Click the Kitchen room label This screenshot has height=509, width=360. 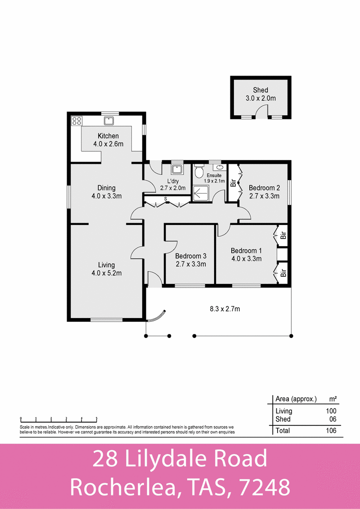(108, 136)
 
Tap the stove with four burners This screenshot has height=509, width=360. (76, 121)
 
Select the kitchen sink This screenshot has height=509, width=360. (108, 120)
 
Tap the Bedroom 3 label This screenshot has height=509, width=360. (190, 256)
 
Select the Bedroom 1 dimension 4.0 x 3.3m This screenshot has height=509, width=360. (246, 258)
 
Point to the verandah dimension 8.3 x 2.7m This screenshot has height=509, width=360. (225, 309)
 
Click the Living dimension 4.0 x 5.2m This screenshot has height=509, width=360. (107, 273)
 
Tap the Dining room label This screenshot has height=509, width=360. (107, 188)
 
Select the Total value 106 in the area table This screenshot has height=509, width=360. (331, 430)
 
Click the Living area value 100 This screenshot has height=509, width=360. (331, 411)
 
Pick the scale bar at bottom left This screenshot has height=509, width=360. (58, 418)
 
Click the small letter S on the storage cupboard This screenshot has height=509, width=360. (166, 198)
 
